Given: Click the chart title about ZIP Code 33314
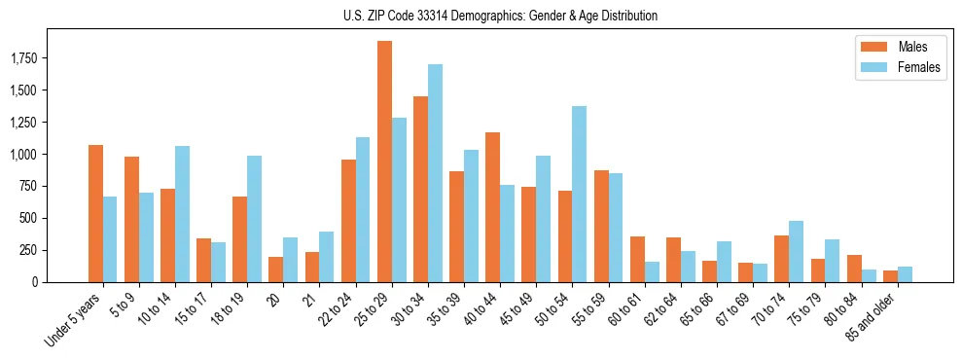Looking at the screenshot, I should [x=500, y=16].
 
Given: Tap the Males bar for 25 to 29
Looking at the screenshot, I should [x=384, y=162].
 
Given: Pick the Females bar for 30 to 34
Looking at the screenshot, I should [x=435, y=173].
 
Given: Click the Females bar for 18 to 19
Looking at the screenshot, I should [x=255, y=219].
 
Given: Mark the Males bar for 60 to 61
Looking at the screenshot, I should [x=637, y=259].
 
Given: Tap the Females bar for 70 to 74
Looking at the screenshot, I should [x=797, y=251].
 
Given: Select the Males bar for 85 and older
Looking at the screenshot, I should [x=890, y=276].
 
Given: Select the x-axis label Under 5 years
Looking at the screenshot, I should [x=75, y=318].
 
